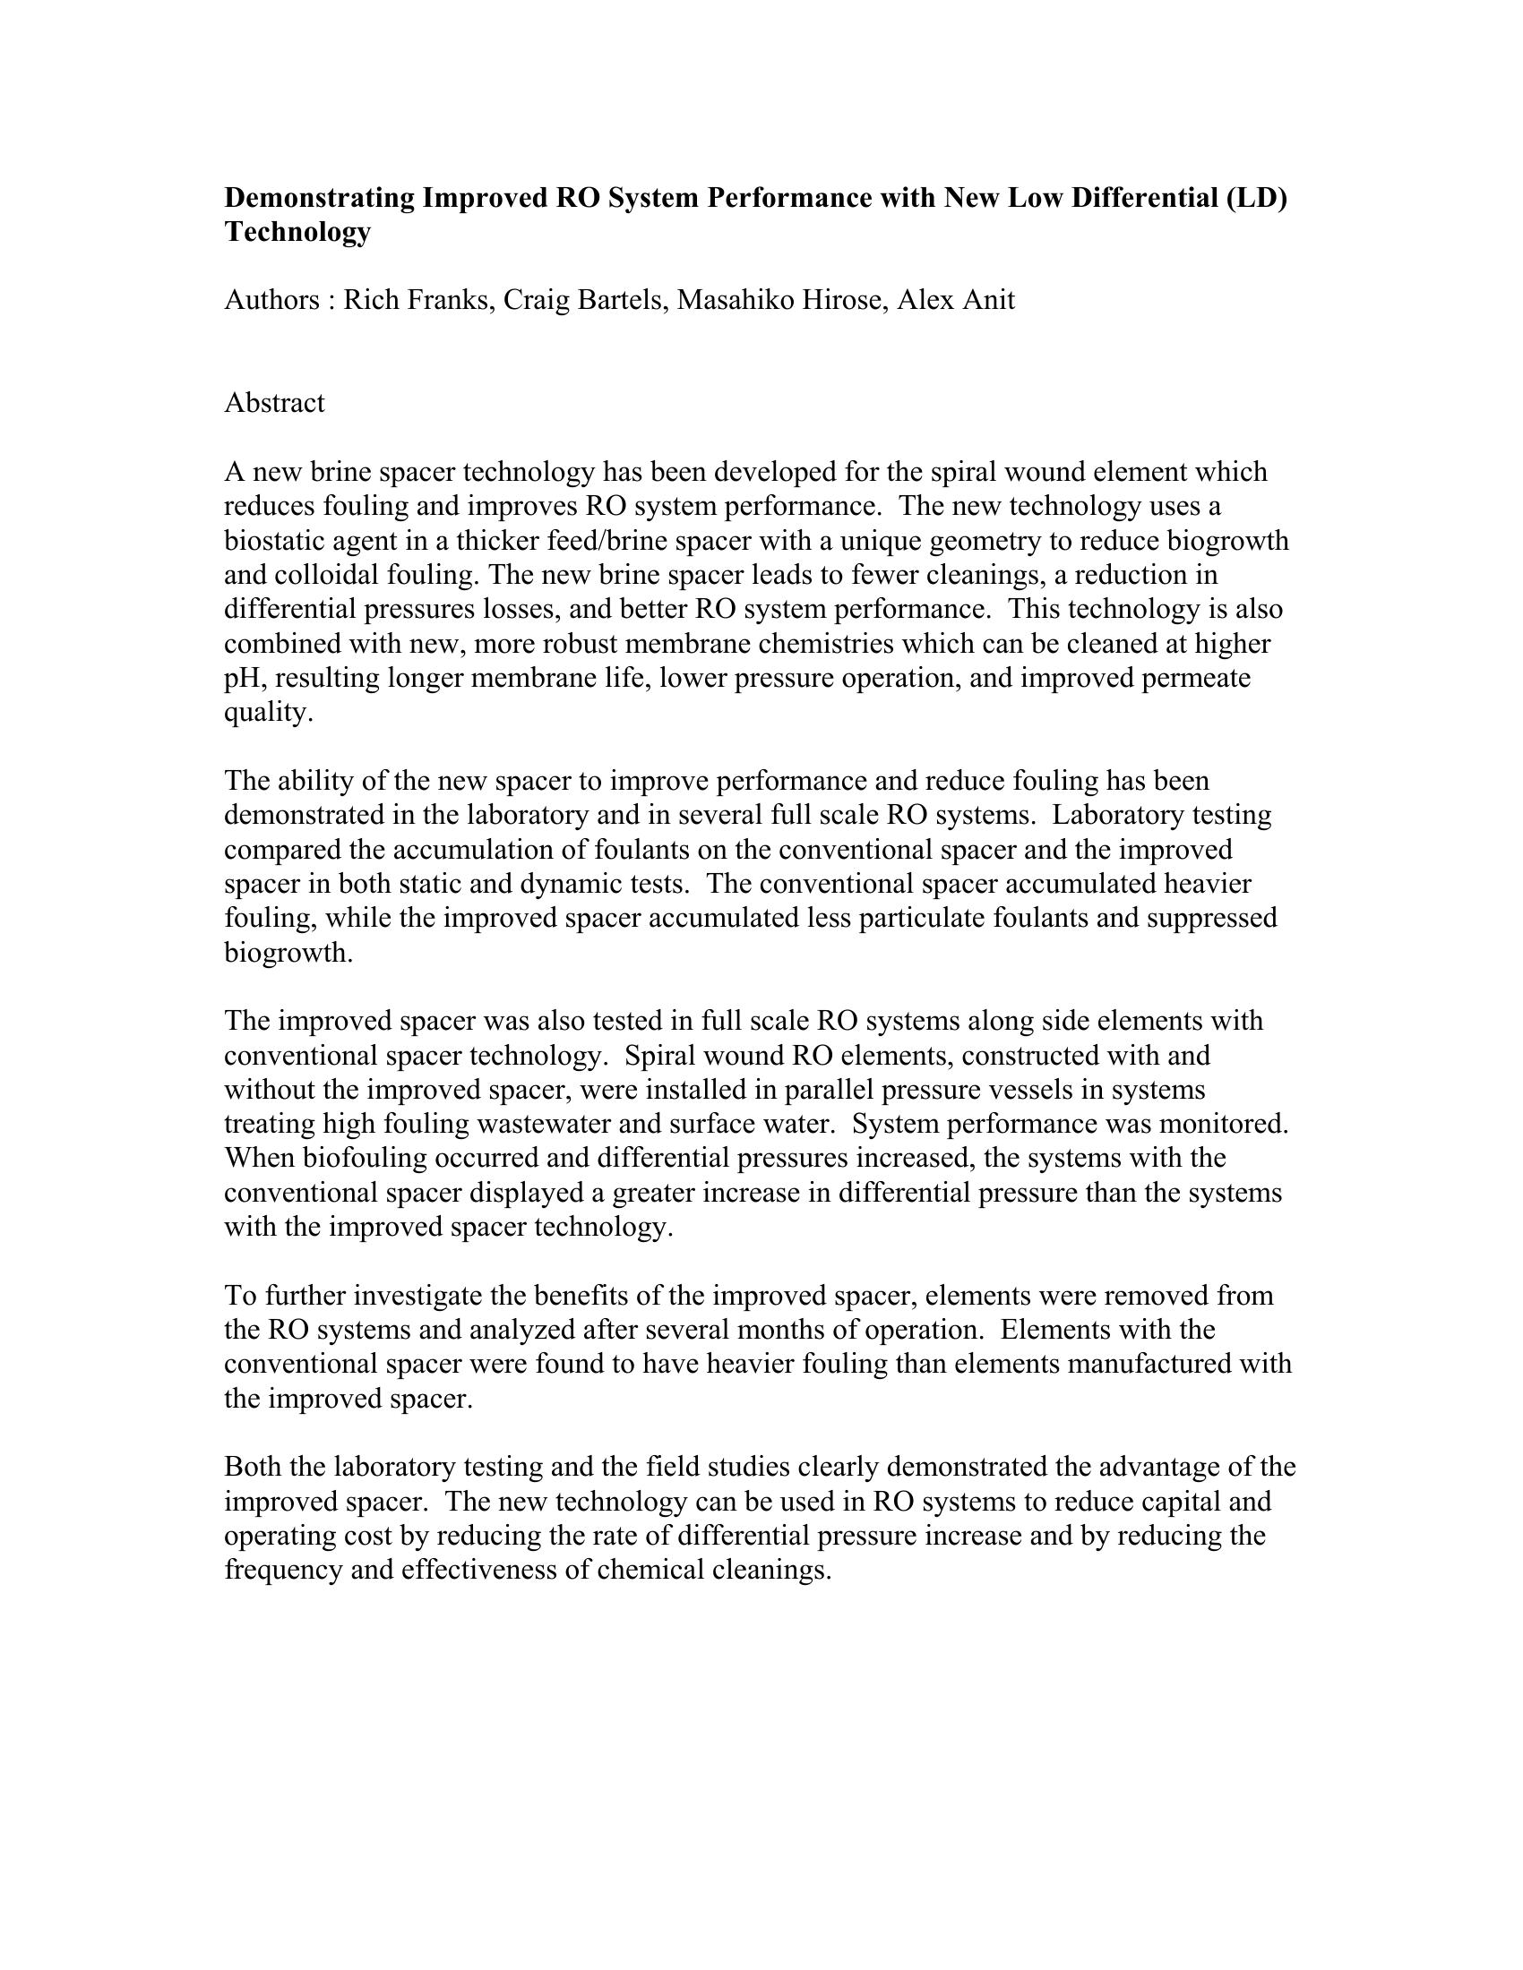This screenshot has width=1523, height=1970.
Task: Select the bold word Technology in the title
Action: click(297, 232)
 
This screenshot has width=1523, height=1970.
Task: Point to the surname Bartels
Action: click(621, 299)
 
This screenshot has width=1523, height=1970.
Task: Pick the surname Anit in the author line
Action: click(990, 299)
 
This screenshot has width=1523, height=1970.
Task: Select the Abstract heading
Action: click(274, 402)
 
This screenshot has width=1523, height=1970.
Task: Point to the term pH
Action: click(242, 679)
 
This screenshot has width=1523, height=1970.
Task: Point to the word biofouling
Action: click(359, 1158)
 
